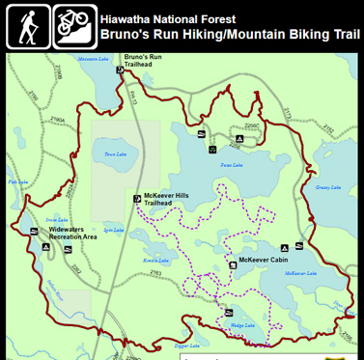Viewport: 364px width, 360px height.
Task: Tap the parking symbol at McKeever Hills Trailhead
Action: coord(137,199)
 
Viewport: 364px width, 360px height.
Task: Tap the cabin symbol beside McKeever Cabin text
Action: coord(232,262)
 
